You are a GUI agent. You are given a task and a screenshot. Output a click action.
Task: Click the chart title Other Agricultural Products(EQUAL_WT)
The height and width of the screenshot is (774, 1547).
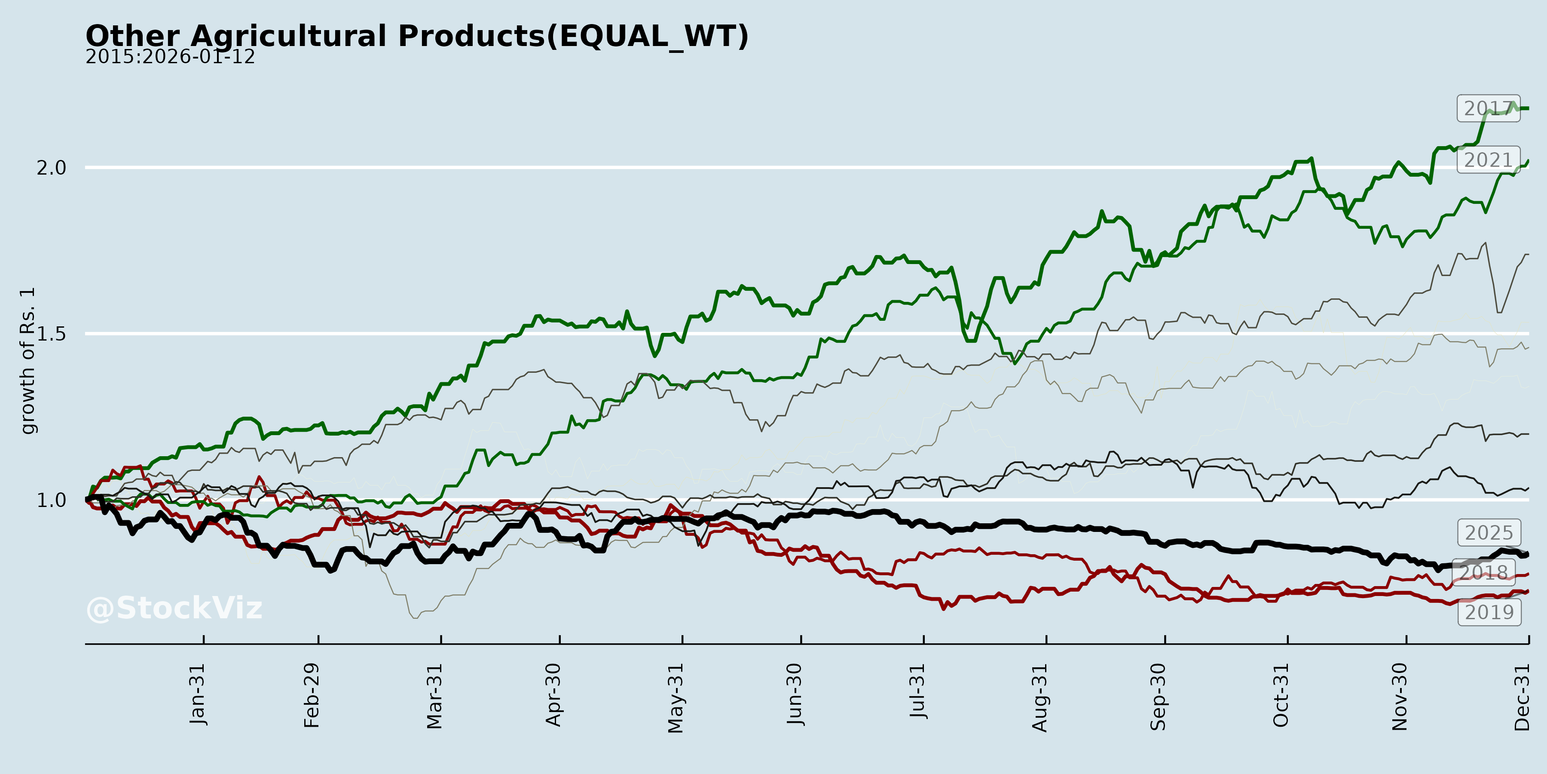tap(417, 36)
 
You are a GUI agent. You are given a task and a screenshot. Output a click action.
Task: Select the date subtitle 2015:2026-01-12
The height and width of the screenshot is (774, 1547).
tap(170, 57)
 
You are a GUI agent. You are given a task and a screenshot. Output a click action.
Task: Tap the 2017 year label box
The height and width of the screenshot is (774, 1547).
tap(1488, 108)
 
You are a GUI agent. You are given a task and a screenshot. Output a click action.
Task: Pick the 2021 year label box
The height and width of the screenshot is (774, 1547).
tap(1488, 160)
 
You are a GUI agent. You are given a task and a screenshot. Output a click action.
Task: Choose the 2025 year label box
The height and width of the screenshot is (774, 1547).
tap(1489, 532)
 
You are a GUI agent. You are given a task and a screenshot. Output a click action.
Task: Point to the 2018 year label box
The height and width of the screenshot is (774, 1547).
tap(1483, 572)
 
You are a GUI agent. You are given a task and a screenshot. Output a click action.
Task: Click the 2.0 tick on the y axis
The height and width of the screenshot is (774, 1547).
tap(52, 168)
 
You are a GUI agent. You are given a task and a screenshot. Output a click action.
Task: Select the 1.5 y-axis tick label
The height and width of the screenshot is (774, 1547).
tap(52, 334)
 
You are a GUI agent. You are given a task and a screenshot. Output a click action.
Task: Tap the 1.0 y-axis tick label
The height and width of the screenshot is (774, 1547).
tap(52, 500)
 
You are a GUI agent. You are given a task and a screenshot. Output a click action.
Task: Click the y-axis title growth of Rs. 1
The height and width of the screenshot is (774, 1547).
tap(28, 361)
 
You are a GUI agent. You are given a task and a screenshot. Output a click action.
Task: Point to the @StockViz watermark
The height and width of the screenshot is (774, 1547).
tap(174, 608)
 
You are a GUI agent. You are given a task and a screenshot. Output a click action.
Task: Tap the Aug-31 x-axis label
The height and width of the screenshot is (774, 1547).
tap(1040, 697)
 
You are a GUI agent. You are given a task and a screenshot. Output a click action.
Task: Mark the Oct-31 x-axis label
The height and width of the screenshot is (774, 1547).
tap(1281, 695)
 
